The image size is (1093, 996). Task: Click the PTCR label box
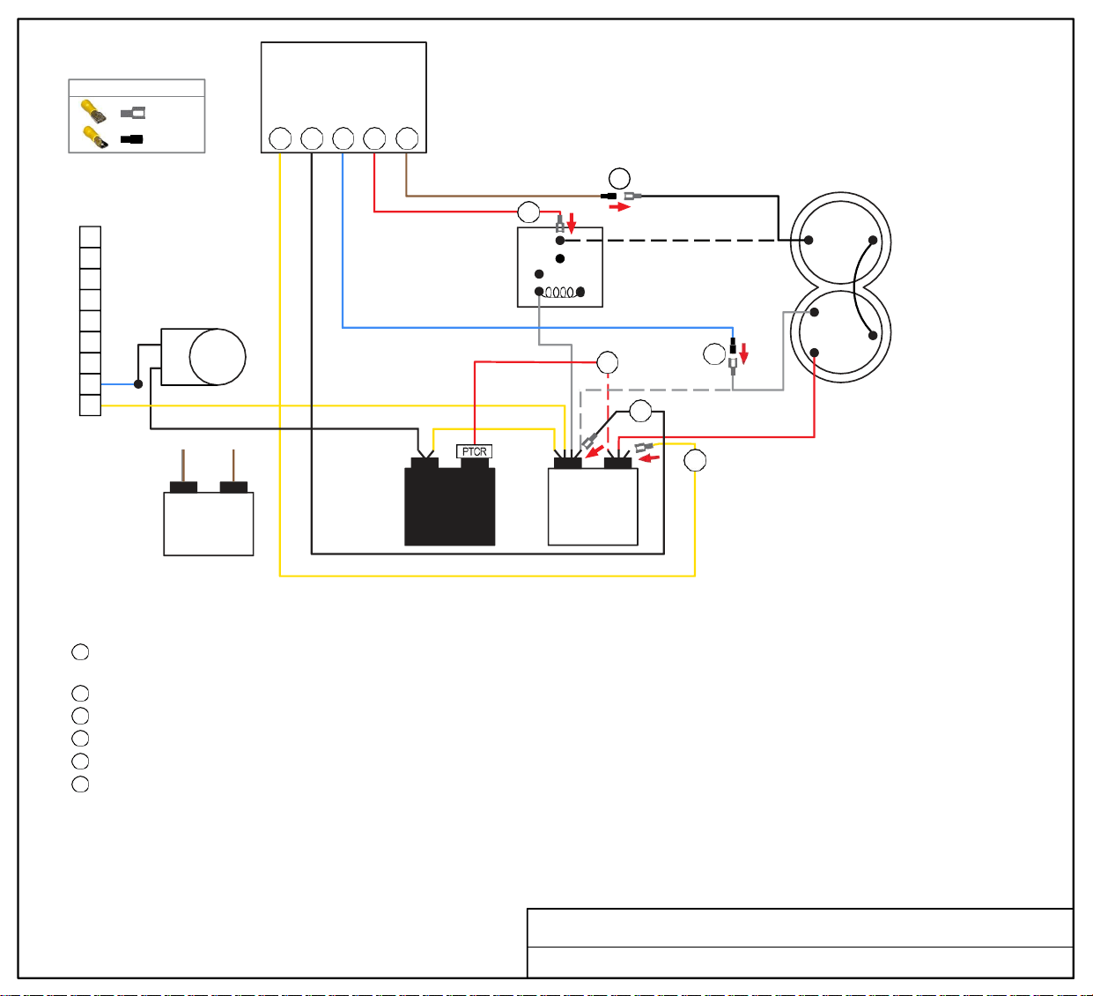click(474, 451)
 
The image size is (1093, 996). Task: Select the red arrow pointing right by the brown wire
click(619, 207)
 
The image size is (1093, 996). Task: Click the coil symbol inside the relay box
click(559, 293)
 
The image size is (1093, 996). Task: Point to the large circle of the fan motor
click(218, 357)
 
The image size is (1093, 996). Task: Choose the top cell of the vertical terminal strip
click(90, 237)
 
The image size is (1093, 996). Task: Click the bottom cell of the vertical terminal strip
click(90, 405)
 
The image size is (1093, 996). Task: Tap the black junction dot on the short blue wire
click(138, 384)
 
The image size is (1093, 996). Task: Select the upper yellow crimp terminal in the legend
click(93, 111)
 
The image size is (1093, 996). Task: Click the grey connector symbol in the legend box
click(133, 113)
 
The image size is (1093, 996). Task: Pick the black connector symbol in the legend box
click(131, 139)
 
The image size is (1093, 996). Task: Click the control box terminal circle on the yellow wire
click(280, 138)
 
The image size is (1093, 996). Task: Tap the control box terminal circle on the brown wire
click(407, 138)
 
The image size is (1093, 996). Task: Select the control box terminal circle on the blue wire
click(343, 138)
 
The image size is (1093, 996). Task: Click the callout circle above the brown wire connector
click(619, 178)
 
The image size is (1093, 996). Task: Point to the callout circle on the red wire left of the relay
click(528, 212)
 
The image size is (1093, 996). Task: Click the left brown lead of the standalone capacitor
click(183, 465)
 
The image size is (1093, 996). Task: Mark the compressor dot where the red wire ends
click(814, 353)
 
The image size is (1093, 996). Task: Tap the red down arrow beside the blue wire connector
click(743, 353)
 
